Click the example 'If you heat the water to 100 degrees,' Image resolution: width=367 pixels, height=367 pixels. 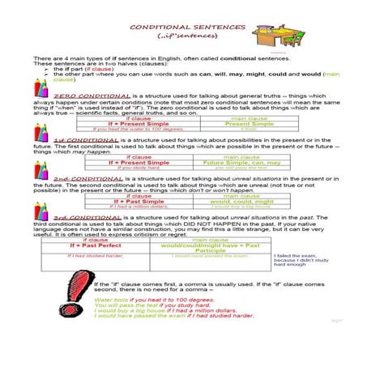(127, 129)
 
